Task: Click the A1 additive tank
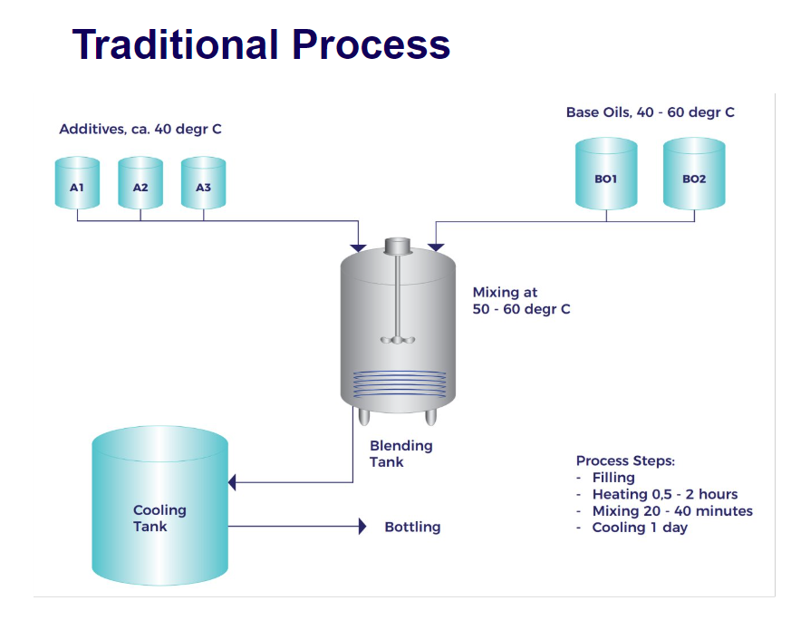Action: (77, 182)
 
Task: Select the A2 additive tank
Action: (140, 182)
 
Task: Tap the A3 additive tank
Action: (203, 182)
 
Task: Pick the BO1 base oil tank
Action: (606, 173)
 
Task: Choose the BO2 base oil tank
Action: (694, 173)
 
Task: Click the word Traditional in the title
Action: (176, 44)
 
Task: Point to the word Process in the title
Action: (371, 44)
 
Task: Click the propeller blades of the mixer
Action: (398, 340)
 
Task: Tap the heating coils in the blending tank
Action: (399, 384)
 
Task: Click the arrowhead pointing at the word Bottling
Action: (362, 526)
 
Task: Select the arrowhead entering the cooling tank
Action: (232, 482)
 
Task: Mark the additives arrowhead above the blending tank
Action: (358, 247)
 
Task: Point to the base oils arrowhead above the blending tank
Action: (436, 247)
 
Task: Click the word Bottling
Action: (412, 527)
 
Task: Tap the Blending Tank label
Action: (401, 453)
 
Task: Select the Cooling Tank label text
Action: (159, 518)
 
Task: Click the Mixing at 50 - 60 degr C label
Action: (521, 301)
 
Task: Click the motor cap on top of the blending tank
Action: (398, 246)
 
